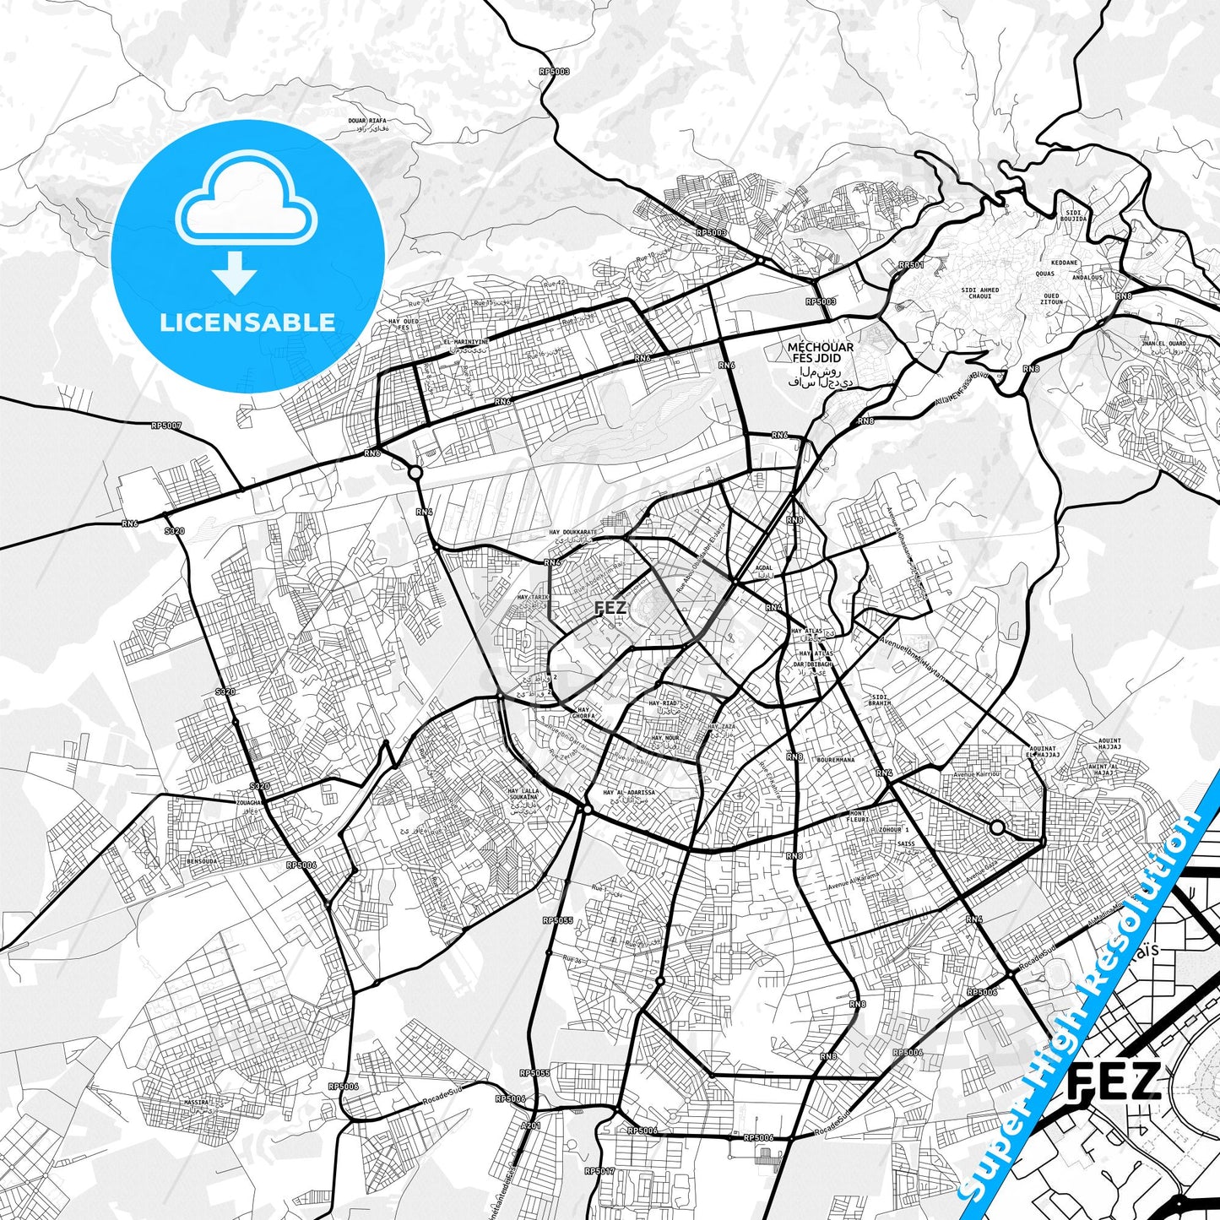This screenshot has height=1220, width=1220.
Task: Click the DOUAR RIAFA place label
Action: coord(367,122)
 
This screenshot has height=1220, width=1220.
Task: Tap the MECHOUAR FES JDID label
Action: coord(820,352)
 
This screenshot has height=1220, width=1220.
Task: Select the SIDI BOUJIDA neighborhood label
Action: coord(1074,215)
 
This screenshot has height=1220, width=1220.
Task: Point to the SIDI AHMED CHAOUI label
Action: coord(980,293)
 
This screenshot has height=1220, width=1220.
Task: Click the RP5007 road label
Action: coord(166,426)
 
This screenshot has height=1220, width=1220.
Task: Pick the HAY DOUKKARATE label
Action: coord(572,533)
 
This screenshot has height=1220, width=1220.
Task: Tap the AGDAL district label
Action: coord(764,567)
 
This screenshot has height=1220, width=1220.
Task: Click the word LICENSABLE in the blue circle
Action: coord(247,322)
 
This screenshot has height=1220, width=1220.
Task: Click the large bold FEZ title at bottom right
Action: coord(1114,1083)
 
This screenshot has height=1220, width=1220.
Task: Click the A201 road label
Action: coord(531,1125)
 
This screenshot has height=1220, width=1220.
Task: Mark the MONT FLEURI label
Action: coord(858,817)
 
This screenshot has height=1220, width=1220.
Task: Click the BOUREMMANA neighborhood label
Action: coord(835,760)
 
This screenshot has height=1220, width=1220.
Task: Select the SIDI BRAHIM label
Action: coord(880,700)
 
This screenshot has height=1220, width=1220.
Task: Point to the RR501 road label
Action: coord(911,265)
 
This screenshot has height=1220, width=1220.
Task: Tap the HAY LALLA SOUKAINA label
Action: coord(523,794)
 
